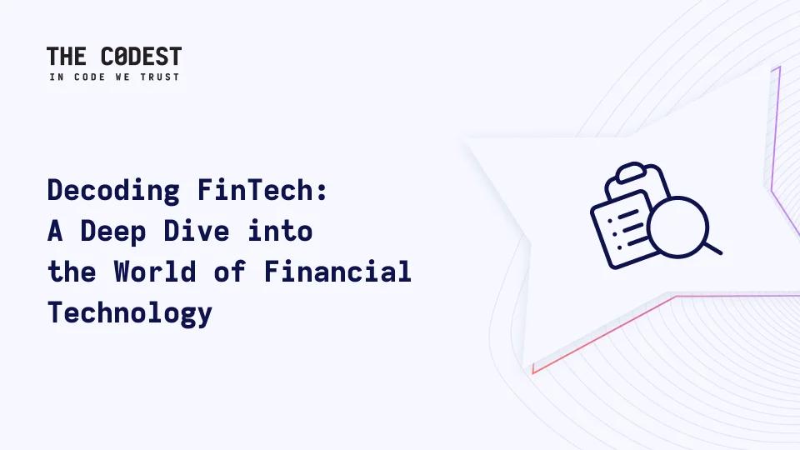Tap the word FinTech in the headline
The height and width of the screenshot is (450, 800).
tap(255, 190)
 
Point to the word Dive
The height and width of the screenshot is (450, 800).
tap(197, 231)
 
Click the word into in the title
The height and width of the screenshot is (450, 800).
tap(280, 231)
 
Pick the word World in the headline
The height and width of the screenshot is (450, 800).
tap(155, 272)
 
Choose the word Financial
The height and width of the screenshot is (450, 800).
tap(337, 272)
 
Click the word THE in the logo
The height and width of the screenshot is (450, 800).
tap(67, 56)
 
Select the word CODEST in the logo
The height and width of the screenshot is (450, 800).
tap(141, 56)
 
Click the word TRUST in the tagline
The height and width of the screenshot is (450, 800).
tap(160, 77)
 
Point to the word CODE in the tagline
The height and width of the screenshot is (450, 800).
tap(89, 77)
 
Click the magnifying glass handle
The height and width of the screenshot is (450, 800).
tap(712, 248)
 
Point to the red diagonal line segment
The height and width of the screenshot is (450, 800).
tap(604, 335)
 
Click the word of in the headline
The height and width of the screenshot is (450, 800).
tap(230, 272)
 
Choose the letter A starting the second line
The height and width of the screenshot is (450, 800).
tap(55, 231)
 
